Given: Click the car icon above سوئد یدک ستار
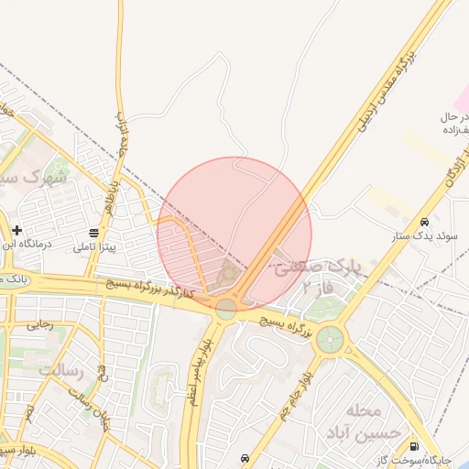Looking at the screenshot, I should point(424,222).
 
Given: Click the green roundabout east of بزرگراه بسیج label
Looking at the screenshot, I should point(329,342).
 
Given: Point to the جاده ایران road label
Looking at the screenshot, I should point(122,135).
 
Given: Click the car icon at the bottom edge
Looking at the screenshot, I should point(245,457).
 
